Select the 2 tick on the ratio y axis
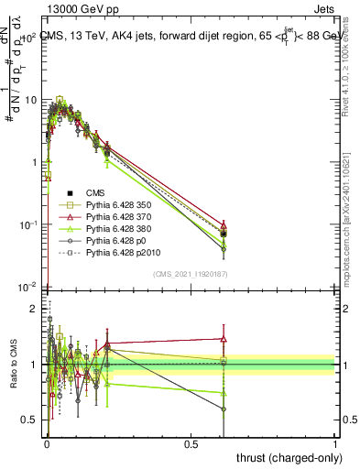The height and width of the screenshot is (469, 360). click(x=37, y=309)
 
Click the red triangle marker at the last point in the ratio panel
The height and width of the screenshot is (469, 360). click(x=224, y=338)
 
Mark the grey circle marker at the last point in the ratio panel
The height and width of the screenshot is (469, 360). click(x=224, y=409)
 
